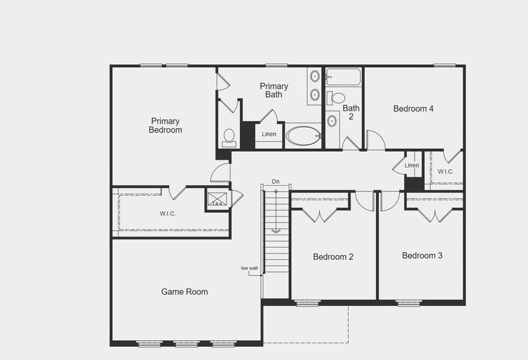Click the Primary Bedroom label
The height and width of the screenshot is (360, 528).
165,125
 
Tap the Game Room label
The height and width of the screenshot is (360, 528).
185,292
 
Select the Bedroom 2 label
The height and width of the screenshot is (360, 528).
333,257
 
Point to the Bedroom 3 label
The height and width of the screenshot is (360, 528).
422,256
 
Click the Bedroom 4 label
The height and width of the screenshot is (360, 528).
413,109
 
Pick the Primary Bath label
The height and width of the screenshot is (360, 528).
274,90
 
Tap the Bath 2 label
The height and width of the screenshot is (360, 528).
351,112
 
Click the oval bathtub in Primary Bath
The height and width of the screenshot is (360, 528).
304,136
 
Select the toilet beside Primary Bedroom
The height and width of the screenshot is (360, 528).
229,137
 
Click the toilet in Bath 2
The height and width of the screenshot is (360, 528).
338,98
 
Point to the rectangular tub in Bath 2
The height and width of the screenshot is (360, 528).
344,77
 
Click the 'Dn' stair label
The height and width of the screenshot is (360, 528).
275,181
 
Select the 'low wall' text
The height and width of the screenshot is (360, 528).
249,268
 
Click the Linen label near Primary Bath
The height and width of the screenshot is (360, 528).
269,134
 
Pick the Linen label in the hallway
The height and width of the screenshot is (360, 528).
412,165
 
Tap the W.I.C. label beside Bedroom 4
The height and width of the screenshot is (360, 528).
445,172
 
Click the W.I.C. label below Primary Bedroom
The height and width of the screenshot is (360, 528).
168,213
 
